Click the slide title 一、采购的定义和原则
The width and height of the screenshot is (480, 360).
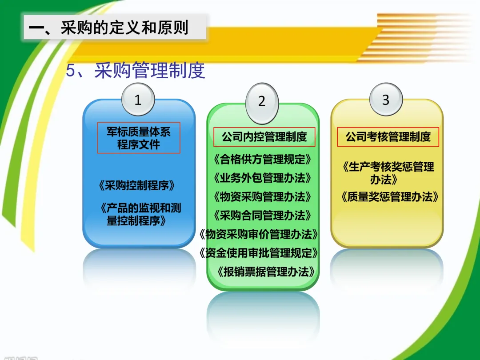108,28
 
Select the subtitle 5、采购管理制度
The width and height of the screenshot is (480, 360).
135,70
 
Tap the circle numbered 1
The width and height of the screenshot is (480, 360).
138,100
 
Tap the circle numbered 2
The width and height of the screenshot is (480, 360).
262,101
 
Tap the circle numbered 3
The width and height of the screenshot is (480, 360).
386,100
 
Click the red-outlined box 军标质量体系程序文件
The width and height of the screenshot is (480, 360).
139,138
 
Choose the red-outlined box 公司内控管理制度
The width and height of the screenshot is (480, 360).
264,136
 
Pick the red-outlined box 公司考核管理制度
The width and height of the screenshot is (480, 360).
388,136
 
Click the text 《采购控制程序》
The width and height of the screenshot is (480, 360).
137,185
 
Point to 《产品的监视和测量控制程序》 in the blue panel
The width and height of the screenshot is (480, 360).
140,214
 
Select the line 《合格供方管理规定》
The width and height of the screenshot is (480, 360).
262,160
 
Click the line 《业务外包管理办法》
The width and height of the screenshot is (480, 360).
262,178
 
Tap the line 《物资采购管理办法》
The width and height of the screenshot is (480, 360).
262,197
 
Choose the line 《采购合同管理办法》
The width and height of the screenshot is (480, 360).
262,216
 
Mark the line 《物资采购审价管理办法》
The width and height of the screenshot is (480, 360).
259,235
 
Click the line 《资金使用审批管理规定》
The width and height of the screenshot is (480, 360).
259,253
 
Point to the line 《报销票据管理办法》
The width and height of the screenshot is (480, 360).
266,272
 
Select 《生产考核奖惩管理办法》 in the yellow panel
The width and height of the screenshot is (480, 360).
388,173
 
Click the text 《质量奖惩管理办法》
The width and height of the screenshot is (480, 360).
390,197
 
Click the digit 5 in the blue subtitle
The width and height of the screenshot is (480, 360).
70,71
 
